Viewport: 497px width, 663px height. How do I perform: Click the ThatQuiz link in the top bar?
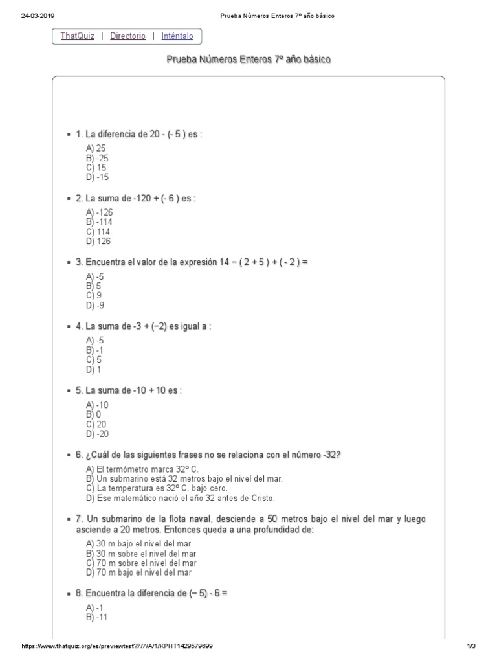click(x=77, y=36)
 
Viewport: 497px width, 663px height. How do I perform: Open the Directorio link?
click(x=127, y=36)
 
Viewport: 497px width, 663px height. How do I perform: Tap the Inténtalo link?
click(x=177, y=36)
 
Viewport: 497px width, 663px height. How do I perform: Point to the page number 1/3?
click(x=471, y=647)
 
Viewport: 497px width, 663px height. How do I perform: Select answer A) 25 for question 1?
click(x=96, y=148)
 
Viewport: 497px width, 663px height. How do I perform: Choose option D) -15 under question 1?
click(x=97, y=177)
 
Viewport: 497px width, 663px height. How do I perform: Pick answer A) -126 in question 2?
click(x=98, y=212)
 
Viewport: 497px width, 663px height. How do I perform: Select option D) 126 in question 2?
click(x=98, y=242)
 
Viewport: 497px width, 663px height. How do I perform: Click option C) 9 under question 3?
click(x=93, y=295)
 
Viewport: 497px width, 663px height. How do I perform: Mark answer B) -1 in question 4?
click(x=94, y=350)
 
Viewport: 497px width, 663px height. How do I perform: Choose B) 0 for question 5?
click(x=93, y=414)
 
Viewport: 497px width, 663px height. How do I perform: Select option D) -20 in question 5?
click(x=97, y=434)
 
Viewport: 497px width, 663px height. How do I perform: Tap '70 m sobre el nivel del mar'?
click(x=140, y=563)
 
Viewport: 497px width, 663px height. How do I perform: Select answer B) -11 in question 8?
click(x=96, y=617)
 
